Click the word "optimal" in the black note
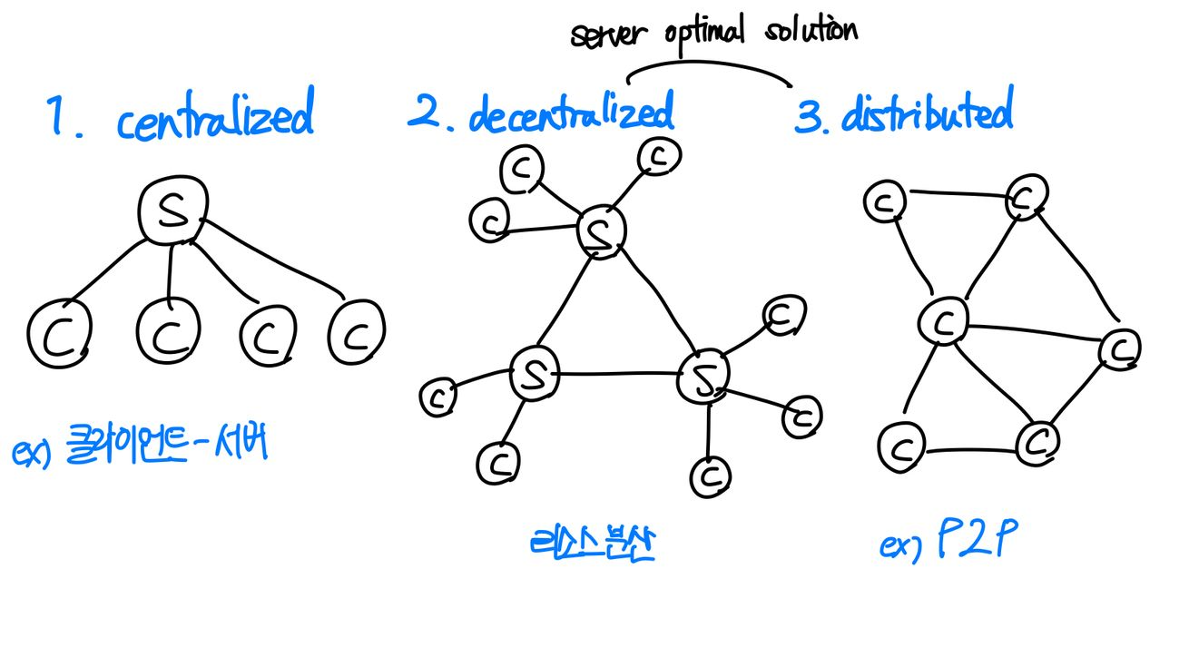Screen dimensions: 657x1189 tap(704, 33)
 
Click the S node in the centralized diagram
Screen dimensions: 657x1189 tap(172, 211)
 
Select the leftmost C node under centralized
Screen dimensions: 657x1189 tap(58, 334)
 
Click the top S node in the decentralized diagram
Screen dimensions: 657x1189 tap(602, 231)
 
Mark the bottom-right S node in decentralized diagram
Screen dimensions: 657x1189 tap(703, 379)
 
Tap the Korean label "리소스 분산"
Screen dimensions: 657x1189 tap(591, 543)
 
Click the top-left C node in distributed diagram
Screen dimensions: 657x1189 tap(883, 203)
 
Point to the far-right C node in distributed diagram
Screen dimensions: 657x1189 tap(1119, 348)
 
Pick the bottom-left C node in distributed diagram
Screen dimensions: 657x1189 tap(900, 445)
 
